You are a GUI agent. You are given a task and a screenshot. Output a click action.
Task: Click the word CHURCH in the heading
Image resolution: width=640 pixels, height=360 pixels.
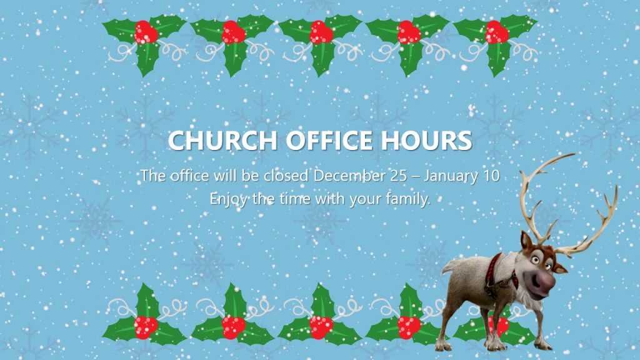pyautogui.click(x=222, y=140)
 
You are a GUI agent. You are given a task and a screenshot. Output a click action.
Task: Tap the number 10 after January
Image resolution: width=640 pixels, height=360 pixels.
pyautogui.click(x=491, y=176)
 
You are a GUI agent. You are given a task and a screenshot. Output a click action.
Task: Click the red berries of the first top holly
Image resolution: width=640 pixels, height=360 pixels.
pyautogui.click(x=146, y=32)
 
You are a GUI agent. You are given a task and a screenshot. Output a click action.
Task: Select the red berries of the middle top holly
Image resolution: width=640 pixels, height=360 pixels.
pyautogui.click(x=321, y=32)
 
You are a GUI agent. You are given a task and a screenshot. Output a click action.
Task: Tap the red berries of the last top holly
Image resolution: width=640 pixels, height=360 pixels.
pyautogui.click(x=497, y=32)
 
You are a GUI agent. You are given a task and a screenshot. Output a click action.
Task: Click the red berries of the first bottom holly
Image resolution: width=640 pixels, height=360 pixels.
pyautogui.click(x=146, y=327)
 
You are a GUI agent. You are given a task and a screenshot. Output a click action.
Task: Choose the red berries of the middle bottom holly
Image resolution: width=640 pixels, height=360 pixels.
pyautogui.click(x=321, y=327)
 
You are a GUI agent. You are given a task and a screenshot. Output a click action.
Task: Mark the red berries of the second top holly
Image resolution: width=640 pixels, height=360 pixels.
pyautogui.click(x=234, y=32)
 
